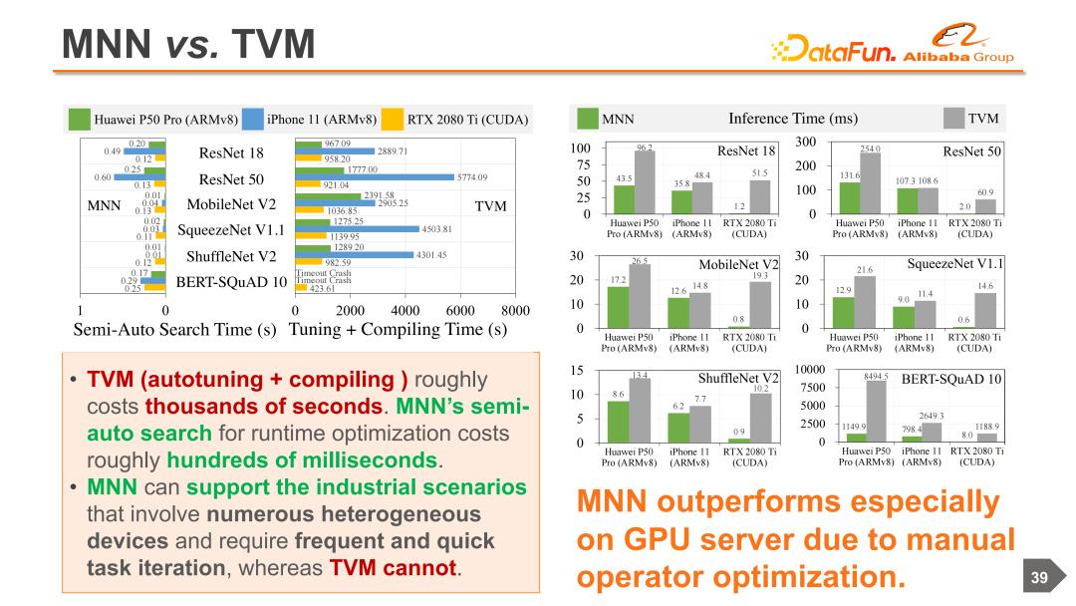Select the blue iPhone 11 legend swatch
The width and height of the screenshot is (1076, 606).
(x=253, y=120)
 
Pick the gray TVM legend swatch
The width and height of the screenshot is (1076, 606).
(x=953, y=119)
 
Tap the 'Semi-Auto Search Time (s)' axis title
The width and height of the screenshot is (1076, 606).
(x=175, y=330)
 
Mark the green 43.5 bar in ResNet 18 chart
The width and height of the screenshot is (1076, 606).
(x=625, y=198)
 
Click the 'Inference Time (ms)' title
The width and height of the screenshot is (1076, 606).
(x=793, y=119)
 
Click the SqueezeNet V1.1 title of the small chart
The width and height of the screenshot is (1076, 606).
(x=955, y=264)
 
